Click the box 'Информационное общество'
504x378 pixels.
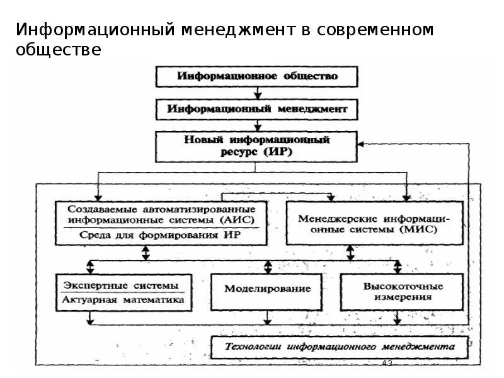257,76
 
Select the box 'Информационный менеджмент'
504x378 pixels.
257,109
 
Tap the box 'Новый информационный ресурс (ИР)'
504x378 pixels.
257,146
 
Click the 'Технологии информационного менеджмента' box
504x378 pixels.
340,346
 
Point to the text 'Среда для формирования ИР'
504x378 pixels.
161,234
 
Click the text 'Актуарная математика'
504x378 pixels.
123,300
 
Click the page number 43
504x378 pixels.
387,364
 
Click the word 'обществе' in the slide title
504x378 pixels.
59,50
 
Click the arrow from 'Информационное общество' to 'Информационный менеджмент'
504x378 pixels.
257,92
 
